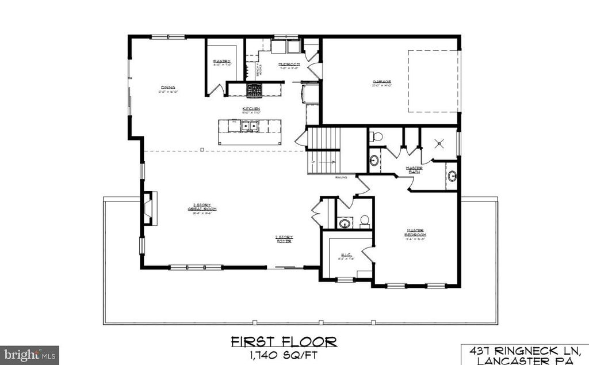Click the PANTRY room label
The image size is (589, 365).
(221, 61)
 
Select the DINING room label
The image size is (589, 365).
(168, 88)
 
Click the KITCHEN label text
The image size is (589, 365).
(251, 108)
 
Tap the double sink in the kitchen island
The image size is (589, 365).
(249, 126)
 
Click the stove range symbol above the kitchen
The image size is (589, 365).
(254, 89)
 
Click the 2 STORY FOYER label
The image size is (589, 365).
(284, 238)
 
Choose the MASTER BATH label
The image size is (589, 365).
(414, 169)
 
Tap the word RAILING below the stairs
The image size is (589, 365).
(342, 178)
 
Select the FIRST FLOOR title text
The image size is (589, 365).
(284, 342)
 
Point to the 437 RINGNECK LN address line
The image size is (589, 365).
(526, 349)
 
